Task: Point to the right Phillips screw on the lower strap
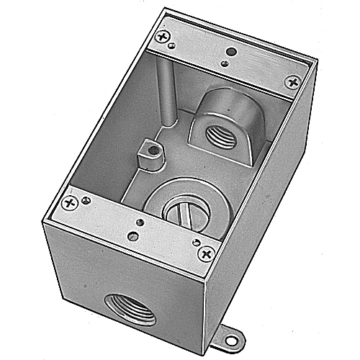[207, 253]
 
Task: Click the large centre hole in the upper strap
[230, 53]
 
